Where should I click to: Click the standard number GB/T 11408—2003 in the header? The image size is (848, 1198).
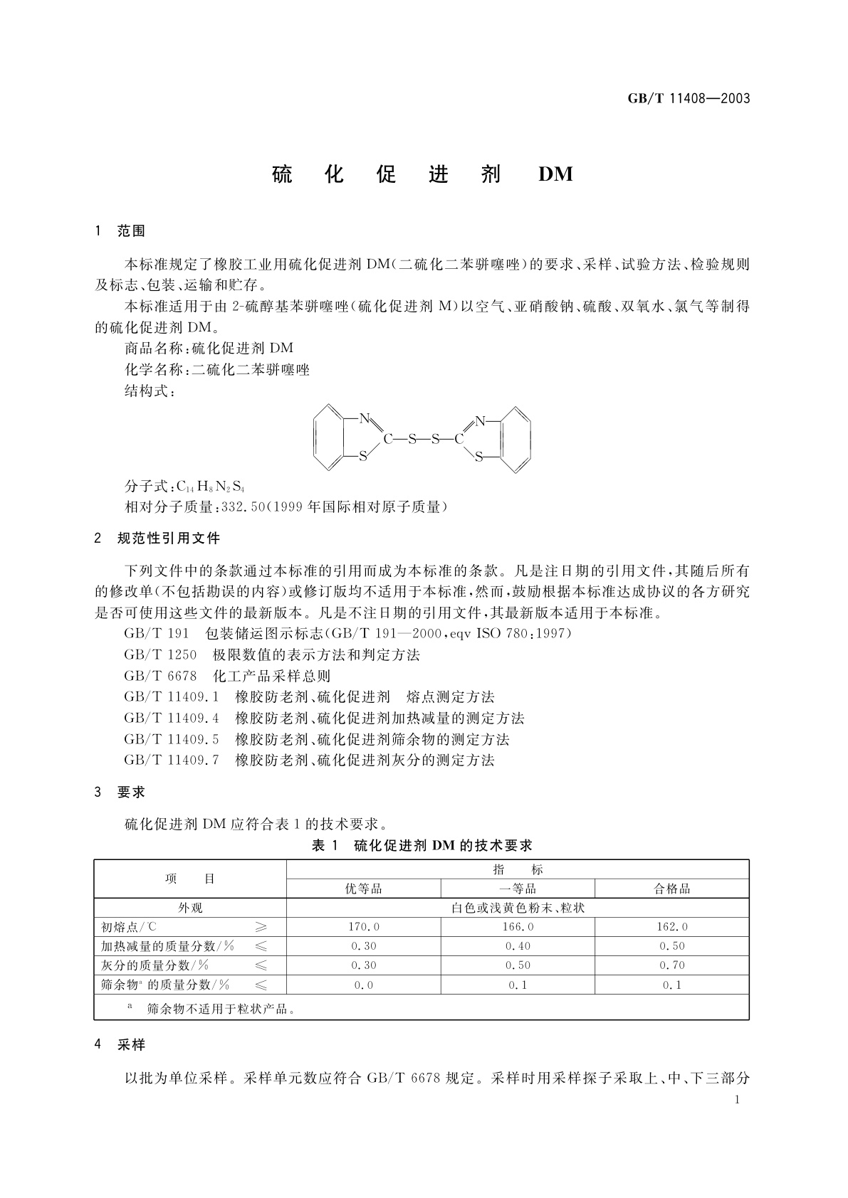689,99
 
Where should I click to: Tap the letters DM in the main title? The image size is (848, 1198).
555,174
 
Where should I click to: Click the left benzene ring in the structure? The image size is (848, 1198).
330,438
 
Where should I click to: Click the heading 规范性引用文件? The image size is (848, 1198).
169,539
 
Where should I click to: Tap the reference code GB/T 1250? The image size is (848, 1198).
160,654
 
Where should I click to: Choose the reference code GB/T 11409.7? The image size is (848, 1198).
172,760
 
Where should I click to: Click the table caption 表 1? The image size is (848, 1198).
328,845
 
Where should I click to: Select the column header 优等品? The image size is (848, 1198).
363,889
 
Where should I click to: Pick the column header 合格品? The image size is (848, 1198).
671,889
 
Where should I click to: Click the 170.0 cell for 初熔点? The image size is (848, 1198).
363,927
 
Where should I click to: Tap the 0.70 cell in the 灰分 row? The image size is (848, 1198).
671,965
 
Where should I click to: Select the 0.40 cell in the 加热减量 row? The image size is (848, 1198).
518,946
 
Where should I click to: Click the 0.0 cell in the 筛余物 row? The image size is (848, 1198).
363,985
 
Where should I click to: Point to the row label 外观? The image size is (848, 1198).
190,908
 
